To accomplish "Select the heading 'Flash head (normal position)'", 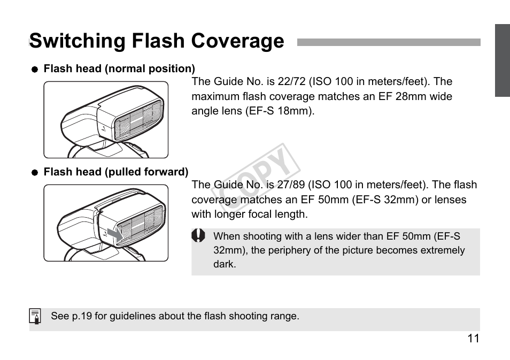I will (x=119, y=69).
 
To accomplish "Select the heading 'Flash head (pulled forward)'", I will (x=115, y=172).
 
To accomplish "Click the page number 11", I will (x=473, y=339).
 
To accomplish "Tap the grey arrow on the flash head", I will (x=114, y=234).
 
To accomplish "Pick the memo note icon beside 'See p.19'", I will (x=35, y=317).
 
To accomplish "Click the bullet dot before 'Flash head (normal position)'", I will (x=35, y=70).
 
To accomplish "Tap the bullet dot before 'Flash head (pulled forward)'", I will (x=35, y=173).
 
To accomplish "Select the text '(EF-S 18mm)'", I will (x=280, y=112).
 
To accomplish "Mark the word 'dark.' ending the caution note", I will (x=225, y=264).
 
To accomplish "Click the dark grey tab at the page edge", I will (x=502, y=60).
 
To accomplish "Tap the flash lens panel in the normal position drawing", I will (x=140, y=121).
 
